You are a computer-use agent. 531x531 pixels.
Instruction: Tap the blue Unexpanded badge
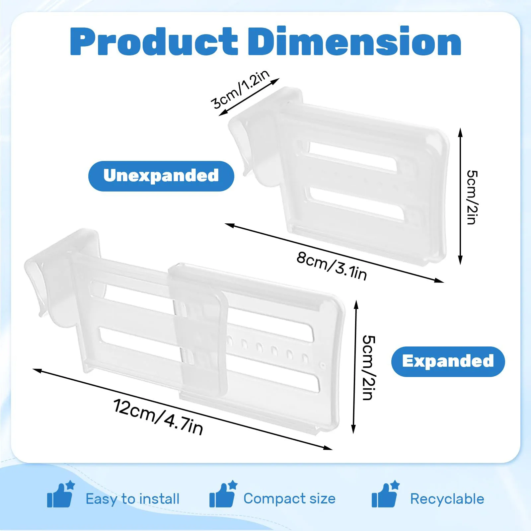(161, 176)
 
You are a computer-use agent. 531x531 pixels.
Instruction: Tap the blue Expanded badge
(448, 361)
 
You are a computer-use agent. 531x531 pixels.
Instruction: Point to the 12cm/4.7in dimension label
(158, 417)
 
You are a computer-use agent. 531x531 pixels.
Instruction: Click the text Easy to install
(132, 499)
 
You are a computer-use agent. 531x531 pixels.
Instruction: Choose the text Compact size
(289, 498)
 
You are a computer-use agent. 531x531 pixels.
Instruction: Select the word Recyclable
(447, 499)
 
